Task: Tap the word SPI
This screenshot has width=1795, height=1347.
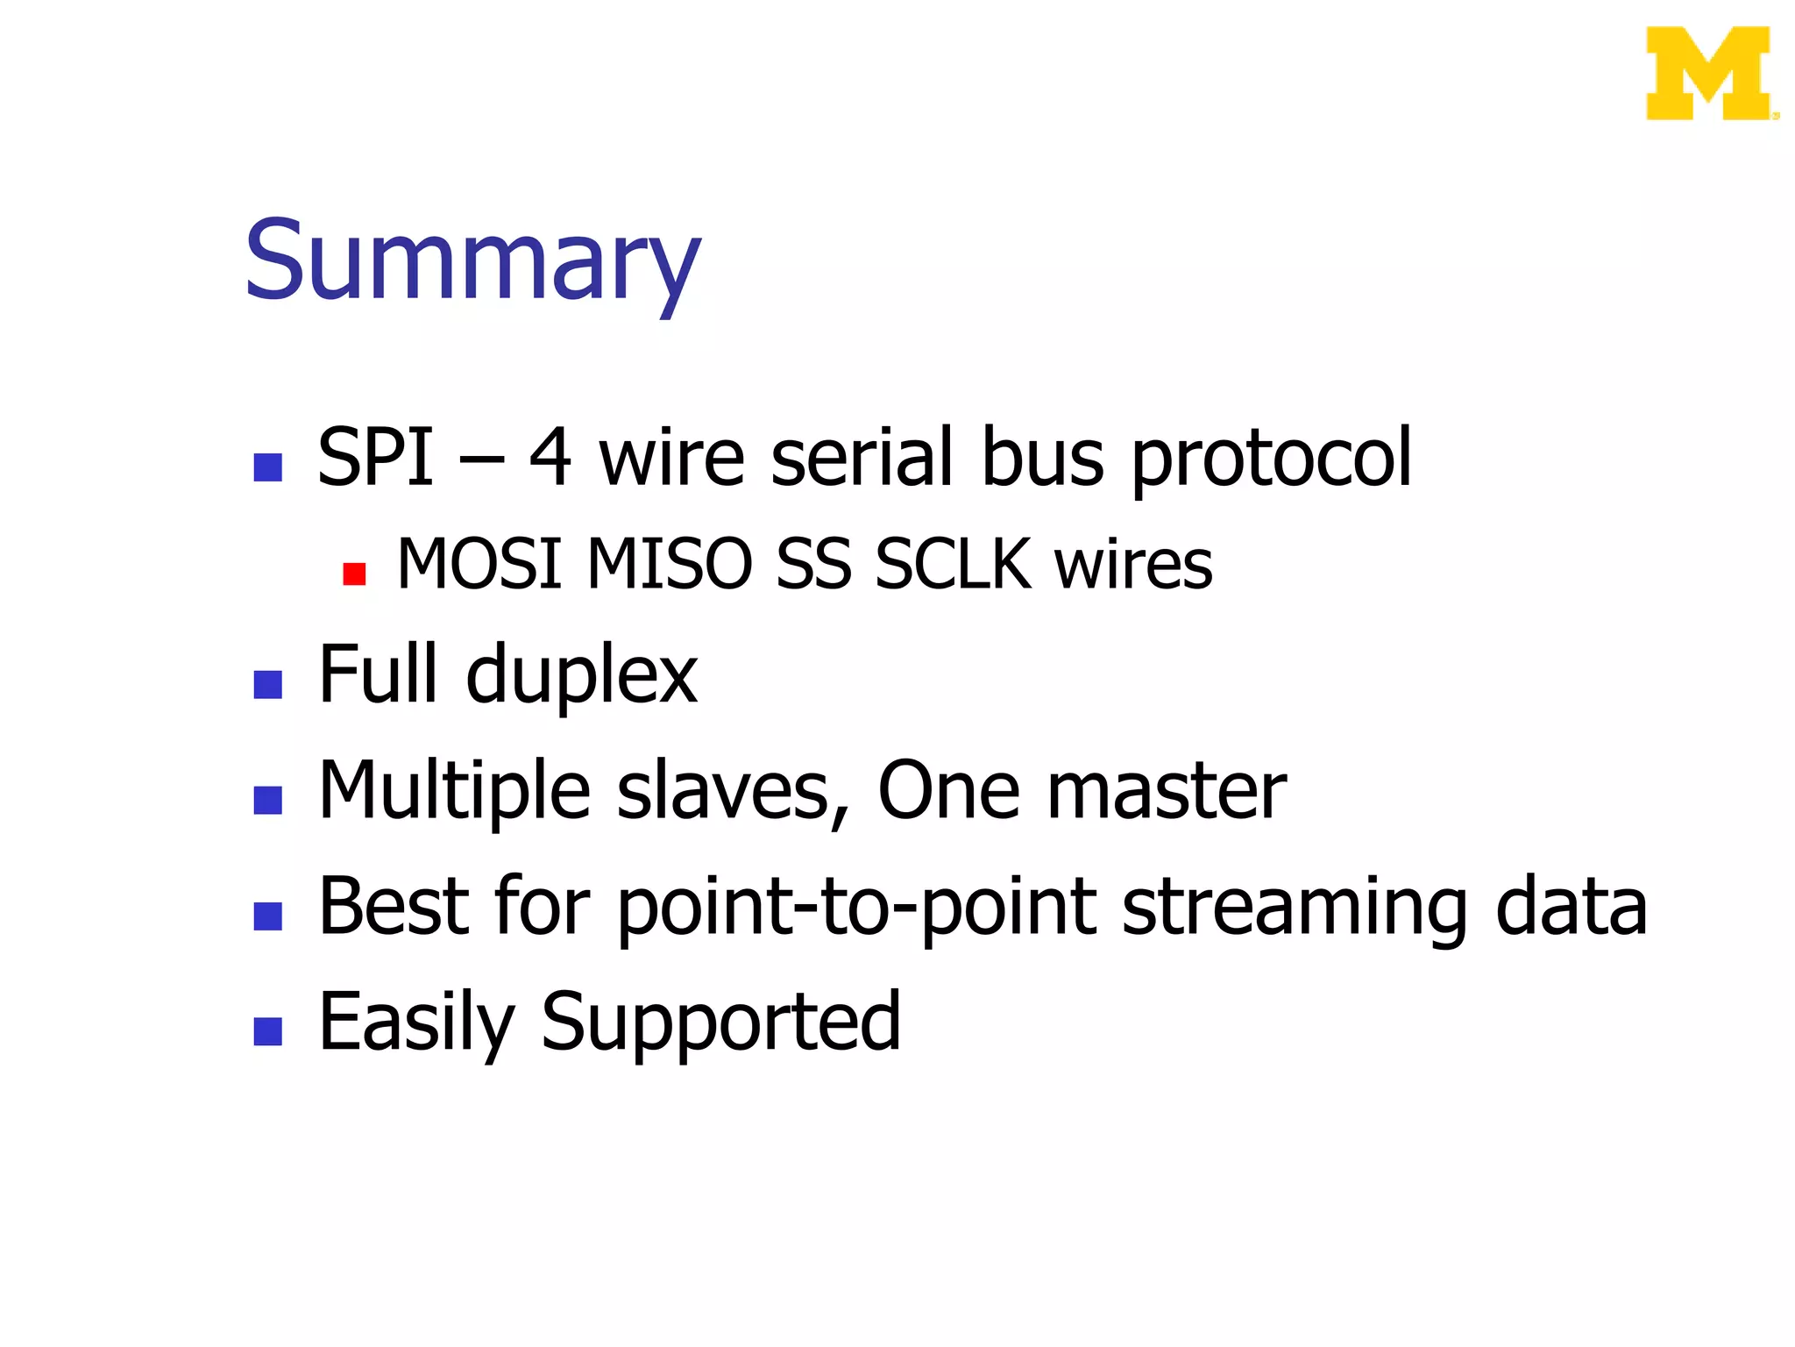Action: coord(375,457)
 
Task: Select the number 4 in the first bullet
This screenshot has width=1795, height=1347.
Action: coord(550,457)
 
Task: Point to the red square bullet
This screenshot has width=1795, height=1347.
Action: coord(354,574)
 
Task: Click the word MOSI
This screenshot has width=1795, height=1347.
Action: coord(479,564)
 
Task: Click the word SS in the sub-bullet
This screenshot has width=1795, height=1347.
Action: coord(813,564)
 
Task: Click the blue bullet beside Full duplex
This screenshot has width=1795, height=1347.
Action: coord(267,685)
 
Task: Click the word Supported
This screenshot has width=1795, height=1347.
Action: coord(720,1023)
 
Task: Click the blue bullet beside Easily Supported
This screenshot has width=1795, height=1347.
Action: coord(267,1031)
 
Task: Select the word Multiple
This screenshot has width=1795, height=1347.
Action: coord(454,792)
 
